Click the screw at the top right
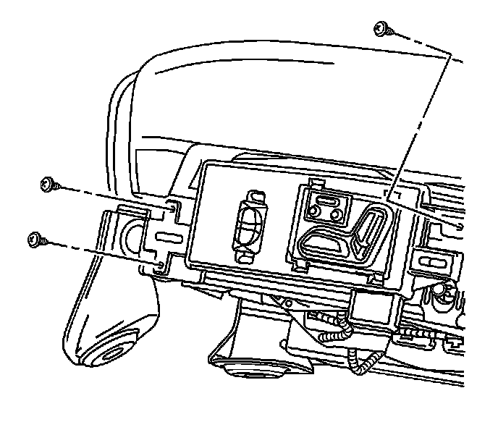[382, 29]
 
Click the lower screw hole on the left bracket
[159, 265]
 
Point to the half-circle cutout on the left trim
[130, 233]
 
